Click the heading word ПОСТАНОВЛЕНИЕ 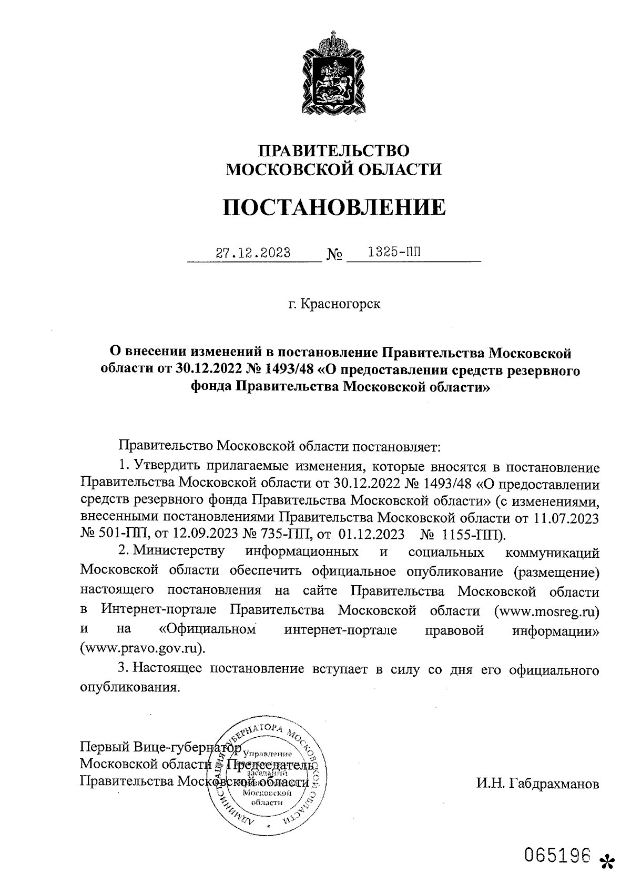pyautogui.click(x=334, y=207)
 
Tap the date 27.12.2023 pyautogui.click(x=253, y=253)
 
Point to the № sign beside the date pyautogui.click(x=334, y=255)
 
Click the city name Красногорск pyautogui.click(x=341, y=304)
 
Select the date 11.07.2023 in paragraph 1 pyautogui.click(x=566, y=518)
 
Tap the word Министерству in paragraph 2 pyautogui.click(x=179, y=552)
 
